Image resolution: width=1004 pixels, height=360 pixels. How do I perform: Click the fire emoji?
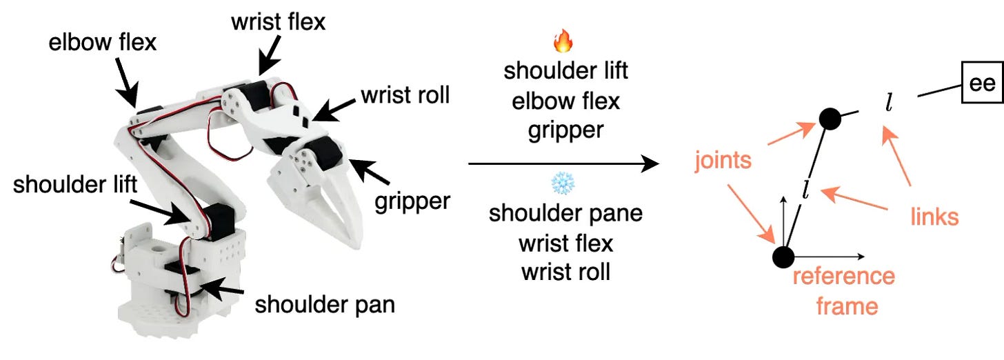point(564,43)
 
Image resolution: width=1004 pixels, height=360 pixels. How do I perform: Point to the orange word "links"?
point(934,217)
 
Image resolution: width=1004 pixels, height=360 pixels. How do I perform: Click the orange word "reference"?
point(843,277)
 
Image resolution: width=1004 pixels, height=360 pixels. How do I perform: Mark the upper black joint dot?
point(830,119)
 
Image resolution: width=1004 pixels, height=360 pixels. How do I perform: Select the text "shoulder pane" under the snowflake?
point(565,212)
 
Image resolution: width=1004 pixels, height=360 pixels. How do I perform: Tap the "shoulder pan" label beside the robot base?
point(325,304)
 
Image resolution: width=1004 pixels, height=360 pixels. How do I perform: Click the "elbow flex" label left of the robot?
point(103,43)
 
